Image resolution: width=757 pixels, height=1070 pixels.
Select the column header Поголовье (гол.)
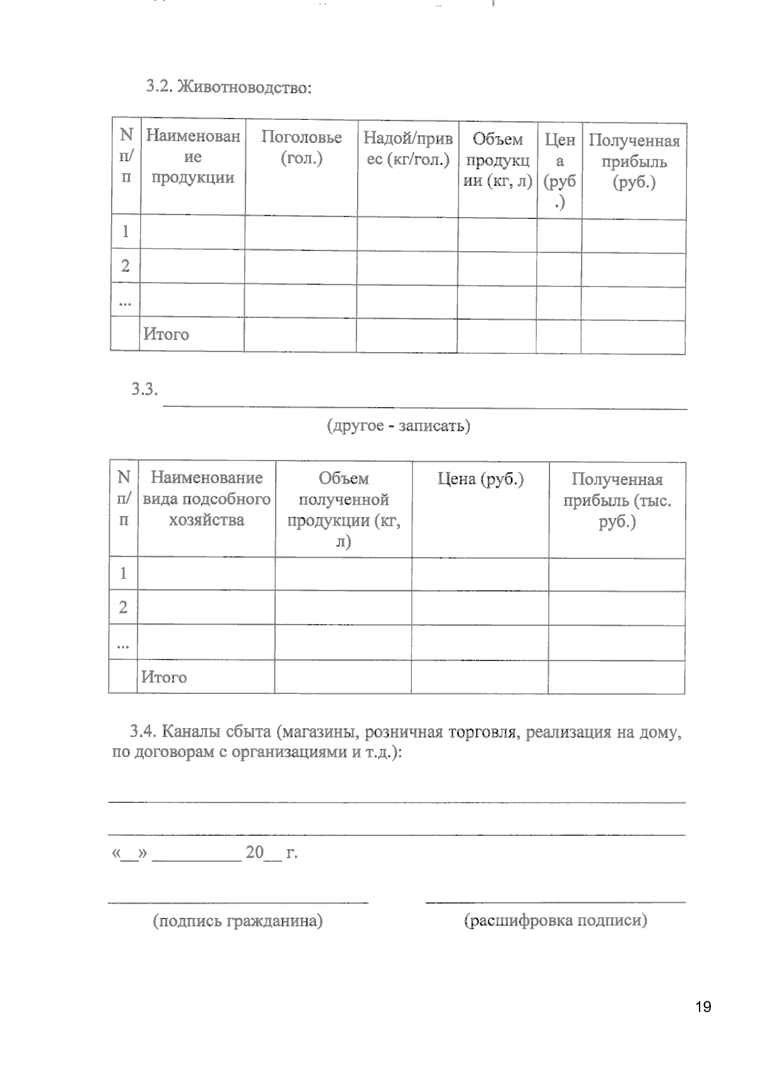click(x=301, y=148)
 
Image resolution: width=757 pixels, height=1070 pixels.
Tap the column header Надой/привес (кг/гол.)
click(x=408, y=149)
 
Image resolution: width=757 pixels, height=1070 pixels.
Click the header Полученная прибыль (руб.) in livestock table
click(x=634, y=162)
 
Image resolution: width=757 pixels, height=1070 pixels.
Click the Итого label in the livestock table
click(x=166, y=334)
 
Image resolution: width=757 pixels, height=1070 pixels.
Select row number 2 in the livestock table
click(x=126, y=266)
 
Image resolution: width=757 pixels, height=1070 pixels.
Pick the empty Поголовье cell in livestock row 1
click(x=301, y=232)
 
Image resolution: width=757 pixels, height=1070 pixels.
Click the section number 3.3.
click(x=144, y=389)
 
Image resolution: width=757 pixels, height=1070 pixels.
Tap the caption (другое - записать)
click(x=398, y=426)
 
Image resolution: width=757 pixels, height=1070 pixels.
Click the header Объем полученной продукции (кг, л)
click(x=343, y=509)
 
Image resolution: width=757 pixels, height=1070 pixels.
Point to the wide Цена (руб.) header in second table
click(x=480, y=479)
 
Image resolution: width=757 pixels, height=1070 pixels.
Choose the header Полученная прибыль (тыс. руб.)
click(x=616, y=500)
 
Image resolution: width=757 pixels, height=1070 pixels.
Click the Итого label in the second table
click(x=164, y=677)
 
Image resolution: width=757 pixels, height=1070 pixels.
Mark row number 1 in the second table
click(x=123, y=573)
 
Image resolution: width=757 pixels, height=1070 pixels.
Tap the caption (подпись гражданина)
click(x=238, y=921)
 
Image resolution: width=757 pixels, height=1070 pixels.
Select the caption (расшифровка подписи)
click(x=556, y=920)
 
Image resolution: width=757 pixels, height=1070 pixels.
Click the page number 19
click(x=703, y=1006)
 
